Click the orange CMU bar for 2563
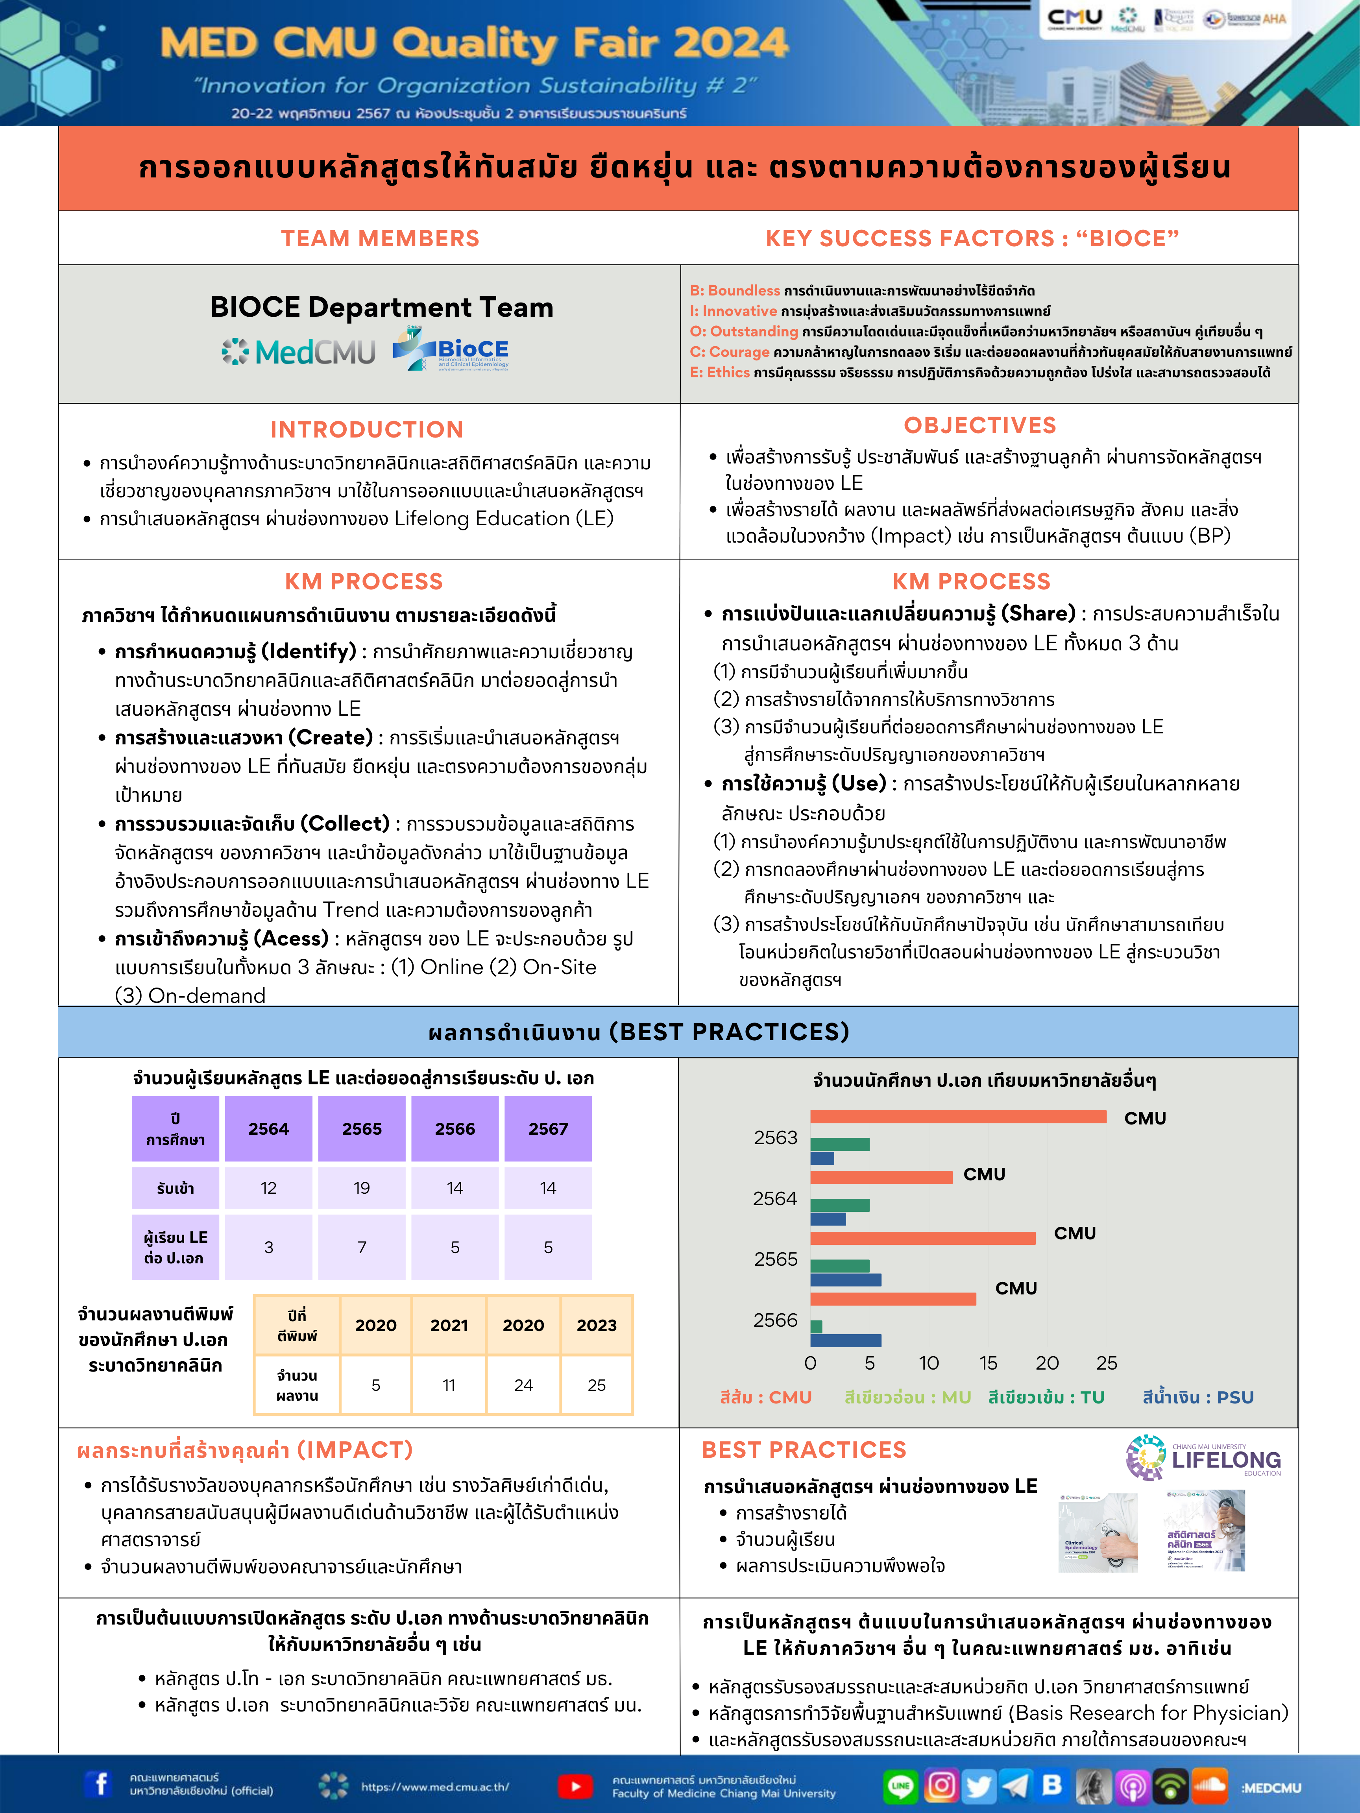click(957, 1116)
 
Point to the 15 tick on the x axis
click(988, 1363)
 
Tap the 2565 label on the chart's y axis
click(776, 1259)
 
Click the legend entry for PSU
click(1198, 1398)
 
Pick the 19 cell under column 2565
click(362, 1188)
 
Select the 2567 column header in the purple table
click(548, 1129)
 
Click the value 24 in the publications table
click(523, 1385)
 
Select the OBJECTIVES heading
click(979, 425)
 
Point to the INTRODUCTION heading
click(366, 430)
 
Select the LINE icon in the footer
click(900, 1785)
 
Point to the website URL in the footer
click(434, 1787)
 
